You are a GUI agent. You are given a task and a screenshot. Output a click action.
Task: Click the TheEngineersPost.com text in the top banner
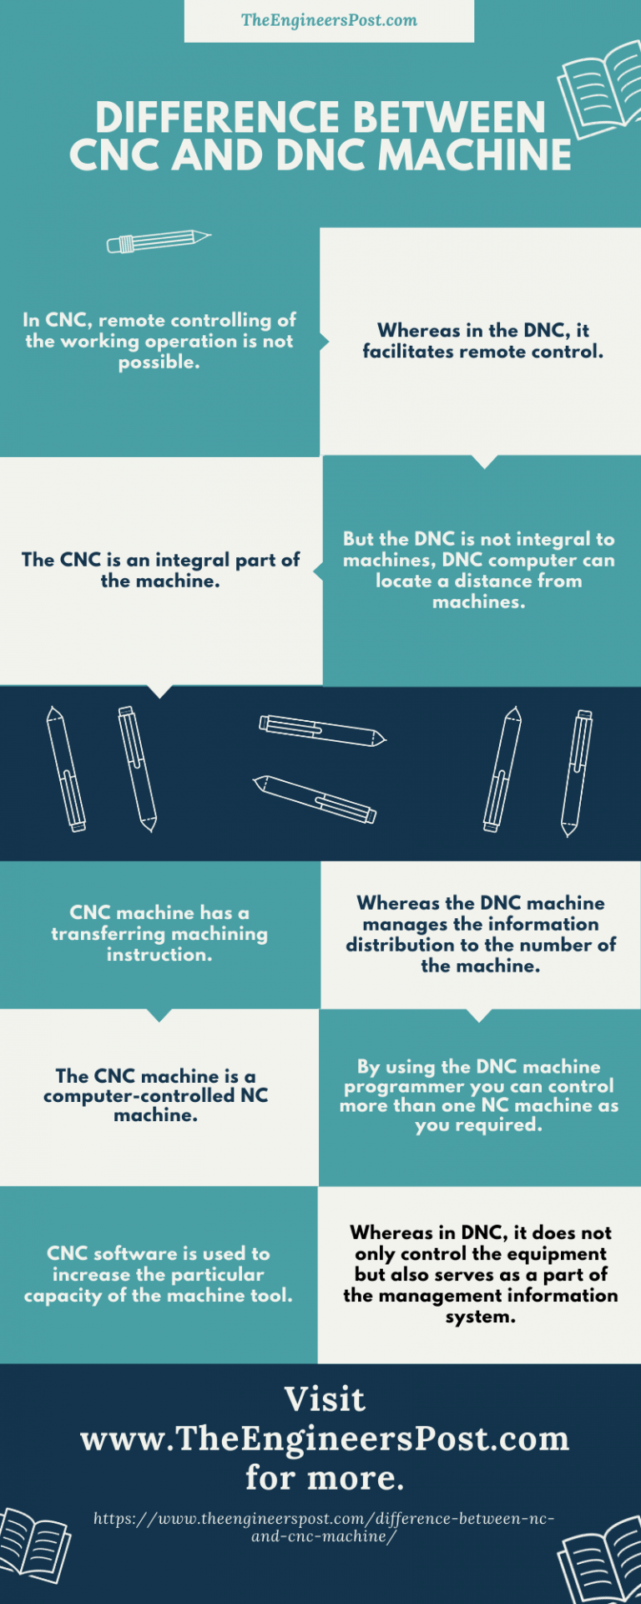point(329,20)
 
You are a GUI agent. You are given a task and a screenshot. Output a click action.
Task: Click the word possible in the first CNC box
point(159,363)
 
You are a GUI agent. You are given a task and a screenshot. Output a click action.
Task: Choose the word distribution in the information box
point(401,945)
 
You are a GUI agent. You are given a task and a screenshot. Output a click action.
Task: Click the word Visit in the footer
point(325,1399)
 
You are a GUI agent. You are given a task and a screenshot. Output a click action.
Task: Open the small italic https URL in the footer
point(324,1527)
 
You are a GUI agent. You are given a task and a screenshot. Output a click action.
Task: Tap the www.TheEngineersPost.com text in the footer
point(325,1439)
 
